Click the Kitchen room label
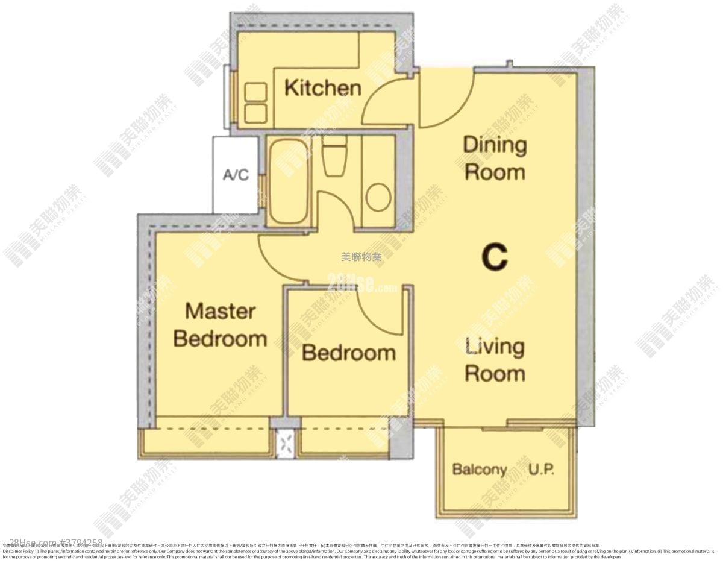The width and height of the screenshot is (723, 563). pyautogui.click(x=322, y=88)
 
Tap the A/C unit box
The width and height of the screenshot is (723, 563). pyautogui.click(x=236, y=175)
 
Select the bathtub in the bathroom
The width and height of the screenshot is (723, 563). pyautogui.click(x=287, y=181)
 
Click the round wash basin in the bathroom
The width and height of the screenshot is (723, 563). pyautogui.click(x=378, y=197)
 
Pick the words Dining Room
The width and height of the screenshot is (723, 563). pyautogui.click(x=495, y=159)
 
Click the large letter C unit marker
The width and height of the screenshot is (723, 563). pyautogui.click(x=494, y=257)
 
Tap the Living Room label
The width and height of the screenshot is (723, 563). pyautogui.click(x=495, y=360)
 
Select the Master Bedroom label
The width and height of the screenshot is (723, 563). pyautogui.click(x=220, y=325)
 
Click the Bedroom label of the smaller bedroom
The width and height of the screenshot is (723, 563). pyautogui.click(x=349, y=353)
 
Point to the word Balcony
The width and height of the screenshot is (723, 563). pyautogui.click(x=479, y=469)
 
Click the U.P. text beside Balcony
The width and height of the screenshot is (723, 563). pyautogui.click(x=542, y=469)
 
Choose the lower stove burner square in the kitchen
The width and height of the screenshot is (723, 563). pyautogui.click(x=256, y=113)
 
